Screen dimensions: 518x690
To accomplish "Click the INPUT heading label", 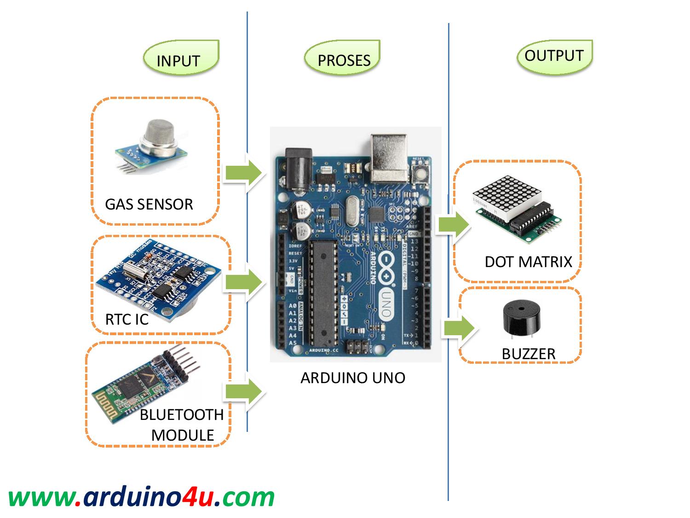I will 178,61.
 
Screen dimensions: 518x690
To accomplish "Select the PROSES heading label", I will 344,60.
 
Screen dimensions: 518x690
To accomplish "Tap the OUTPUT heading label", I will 554,56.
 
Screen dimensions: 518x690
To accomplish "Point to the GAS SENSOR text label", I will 149,204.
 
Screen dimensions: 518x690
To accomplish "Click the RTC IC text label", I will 126,319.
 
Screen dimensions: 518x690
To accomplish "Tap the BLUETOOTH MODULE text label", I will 182,425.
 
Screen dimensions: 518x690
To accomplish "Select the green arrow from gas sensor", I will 243,173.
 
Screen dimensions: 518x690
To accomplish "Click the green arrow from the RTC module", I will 243,282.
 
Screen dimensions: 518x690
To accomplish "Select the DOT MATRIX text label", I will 528,262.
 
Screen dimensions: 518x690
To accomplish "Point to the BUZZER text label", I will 529,354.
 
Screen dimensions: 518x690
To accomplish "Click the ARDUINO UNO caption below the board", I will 353,378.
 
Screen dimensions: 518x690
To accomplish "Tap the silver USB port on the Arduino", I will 389,157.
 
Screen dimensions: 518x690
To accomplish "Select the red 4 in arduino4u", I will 190,497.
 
